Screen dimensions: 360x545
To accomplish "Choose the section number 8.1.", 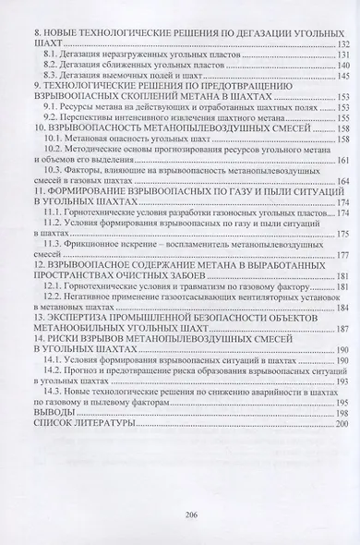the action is coord(52,55).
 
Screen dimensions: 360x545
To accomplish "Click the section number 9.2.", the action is coord(52,118).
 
